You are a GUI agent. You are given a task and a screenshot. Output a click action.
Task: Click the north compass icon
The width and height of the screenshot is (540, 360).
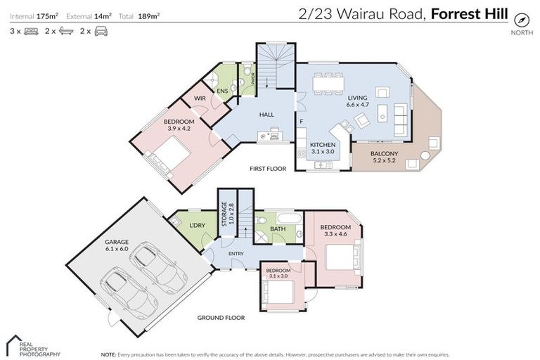(x=521, y=19)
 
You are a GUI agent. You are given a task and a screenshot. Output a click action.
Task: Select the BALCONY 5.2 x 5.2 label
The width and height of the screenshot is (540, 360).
(x=384, y=157)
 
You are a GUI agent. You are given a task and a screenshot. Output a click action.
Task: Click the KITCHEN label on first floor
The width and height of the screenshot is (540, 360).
(x=323, y=148)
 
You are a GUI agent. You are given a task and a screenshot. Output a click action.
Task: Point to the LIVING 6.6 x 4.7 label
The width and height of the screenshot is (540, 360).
(x=357, y=101)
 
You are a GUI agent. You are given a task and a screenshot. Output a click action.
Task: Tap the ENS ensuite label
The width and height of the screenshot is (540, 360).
(x=222, y=91)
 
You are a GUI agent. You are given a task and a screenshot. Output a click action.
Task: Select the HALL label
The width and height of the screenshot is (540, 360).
(x=266, y=115)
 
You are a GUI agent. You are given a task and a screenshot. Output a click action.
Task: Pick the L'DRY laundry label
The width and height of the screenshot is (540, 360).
(x=197, y=225)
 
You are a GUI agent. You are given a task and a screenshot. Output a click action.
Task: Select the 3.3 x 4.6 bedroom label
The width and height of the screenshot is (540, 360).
(x=335, y=231)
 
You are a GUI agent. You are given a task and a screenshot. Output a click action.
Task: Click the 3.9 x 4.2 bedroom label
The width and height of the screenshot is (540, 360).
(x=179, y=126)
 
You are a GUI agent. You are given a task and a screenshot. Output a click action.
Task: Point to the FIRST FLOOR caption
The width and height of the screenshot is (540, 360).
(x=269, y=169)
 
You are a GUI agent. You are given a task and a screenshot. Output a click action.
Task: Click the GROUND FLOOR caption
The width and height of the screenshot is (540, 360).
(x=221, y=317)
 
